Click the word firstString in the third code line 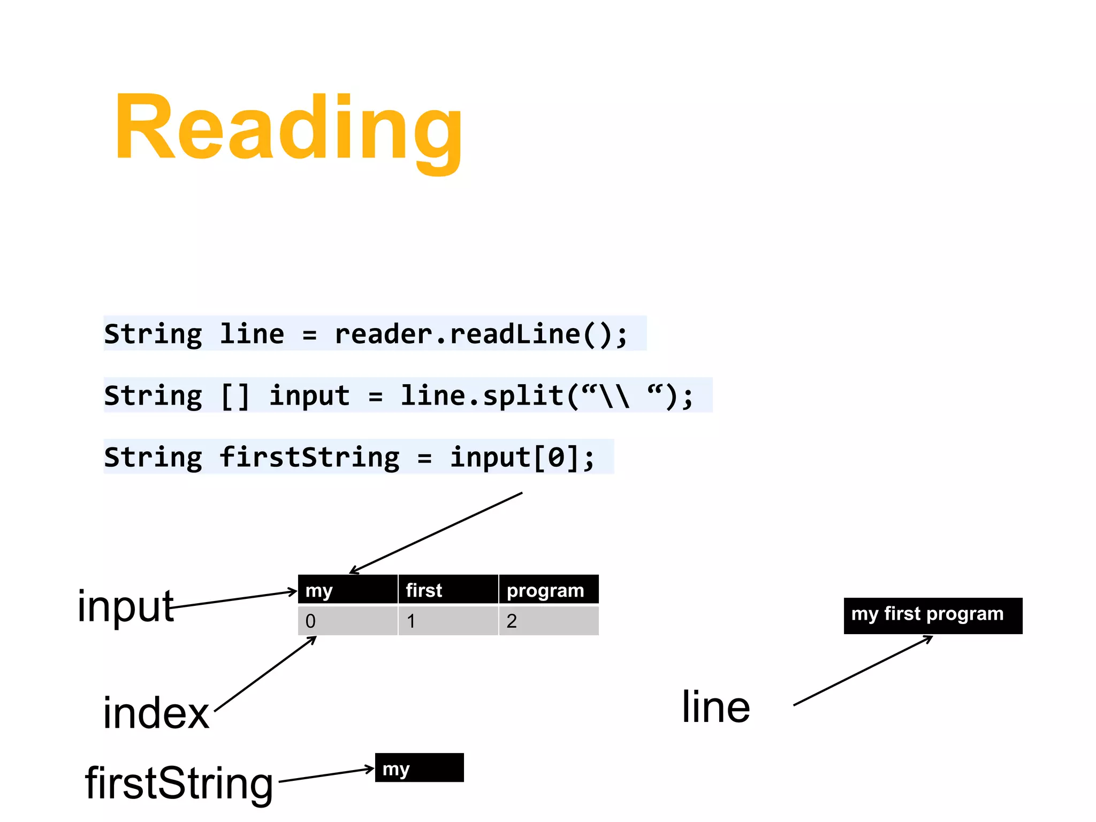[309, 458]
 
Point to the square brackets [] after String [235, 396]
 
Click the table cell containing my [347, 590]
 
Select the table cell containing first [448, 590]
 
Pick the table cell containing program [549, 590]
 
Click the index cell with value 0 [347, 621]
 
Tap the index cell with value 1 [448, 621]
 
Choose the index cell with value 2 [549, 621]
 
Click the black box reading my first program [932, 615]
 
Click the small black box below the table [419, 767]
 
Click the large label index [156, 713]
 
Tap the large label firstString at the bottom [179, 783]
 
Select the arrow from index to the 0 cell [265, 674]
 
